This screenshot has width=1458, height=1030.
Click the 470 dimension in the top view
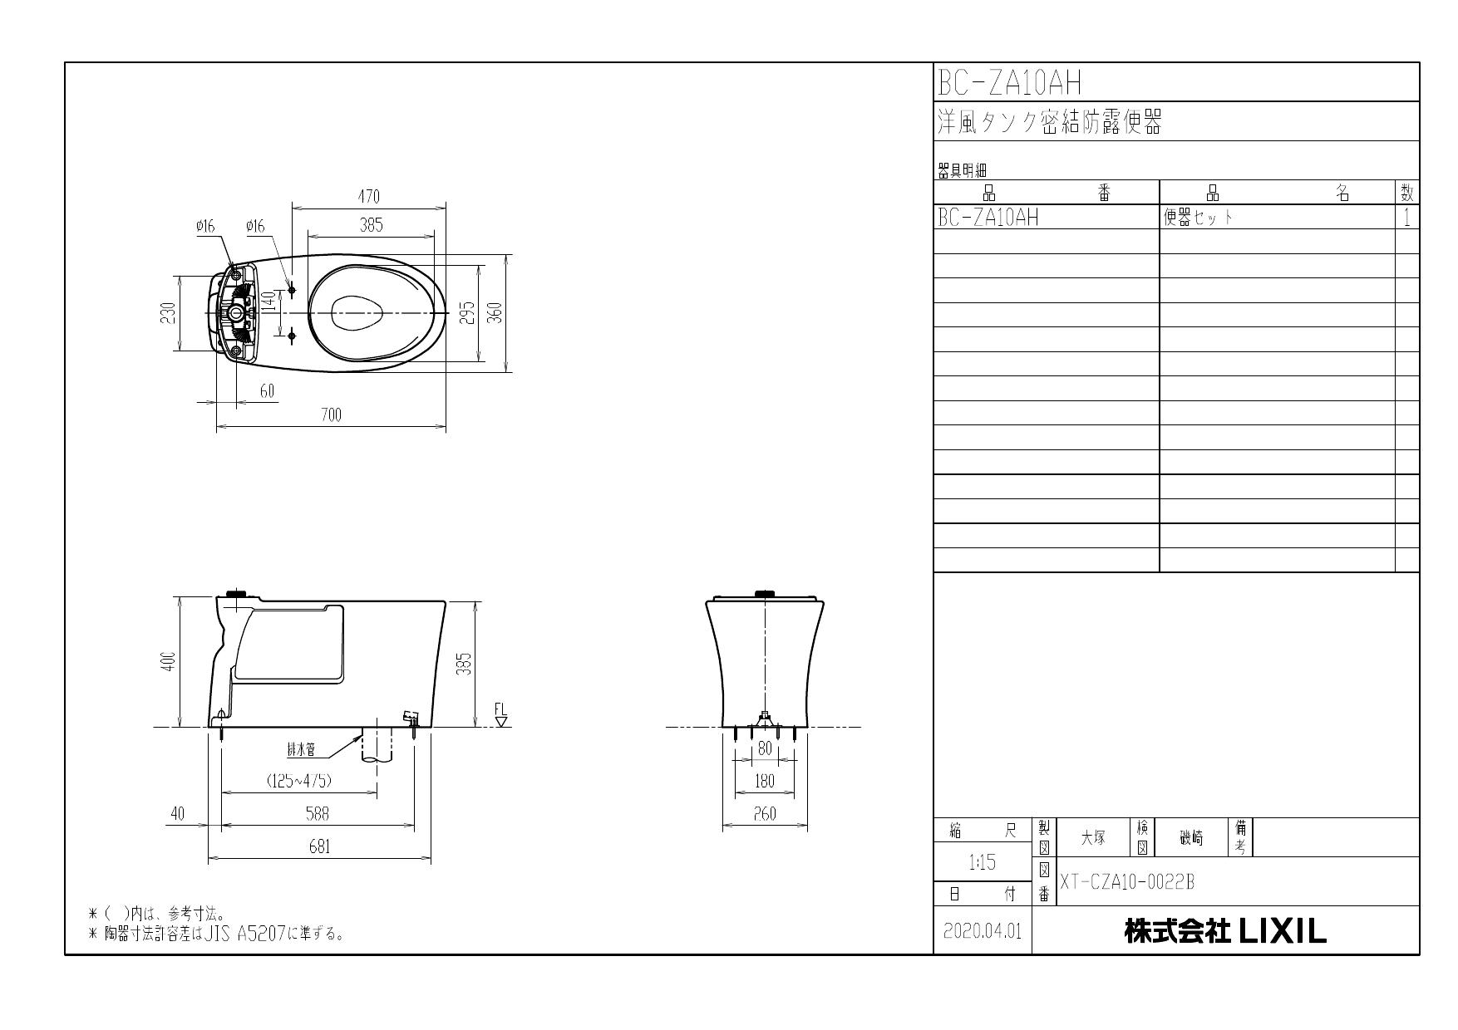tap(368, 197)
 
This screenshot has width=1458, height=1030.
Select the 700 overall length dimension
tap(331, 415)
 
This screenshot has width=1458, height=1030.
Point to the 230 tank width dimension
tap(169, 313)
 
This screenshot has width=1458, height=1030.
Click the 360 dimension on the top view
tap(495, 312)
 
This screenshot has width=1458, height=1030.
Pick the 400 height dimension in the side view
tap(169, 661)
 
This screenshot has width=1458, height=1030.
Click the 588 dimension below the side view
tap(318, 814)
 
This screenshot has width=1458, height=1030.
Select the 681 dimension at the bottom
tap(319, 846)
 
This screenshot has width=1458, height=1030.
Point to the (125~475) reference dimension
tap(299, 781)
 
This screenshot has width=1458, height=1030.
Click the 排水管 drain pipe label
tap(301, 750)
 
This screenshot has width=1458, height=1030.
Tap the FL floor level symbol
tap(500, 715)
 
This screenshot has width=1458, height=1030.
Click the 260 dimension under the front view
tap(764, 814)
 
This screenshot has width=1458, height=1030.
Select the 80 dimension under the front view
tap(765, 748)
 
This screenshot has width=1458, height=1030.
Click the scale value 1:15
tap(982, 863)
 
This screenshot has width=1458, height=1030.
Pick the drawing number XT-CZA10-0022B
tap(1126, 882)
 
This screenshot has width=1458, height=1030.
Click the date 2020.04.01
tap(982, 931)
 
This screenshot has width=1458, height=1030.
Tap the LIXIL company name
tap(1225, 931)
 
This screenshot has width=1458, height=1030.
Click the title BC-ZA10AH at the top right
tap(1009, 82)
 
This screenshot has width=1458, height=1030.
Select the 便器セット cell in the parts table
tap(1198, 218)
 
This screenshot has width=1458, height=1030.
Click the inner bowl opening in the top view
tap(357, 313)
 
